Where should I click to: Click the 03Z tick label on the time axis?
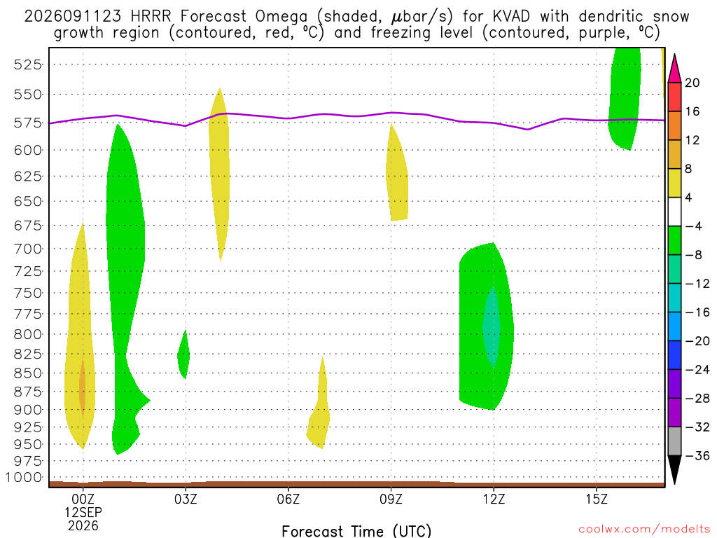(185, 499)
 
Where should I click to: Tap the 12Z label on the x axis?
(494, 499)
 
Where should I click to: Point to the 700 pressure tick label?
(28, 249)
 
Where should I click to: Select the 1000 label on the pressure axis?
(24, 478)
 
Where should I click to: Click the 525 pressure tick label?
(28, 64)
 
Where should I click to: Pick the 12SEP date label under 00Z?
(83, 512)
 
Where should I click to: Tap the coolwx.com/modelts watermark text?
(644, 530)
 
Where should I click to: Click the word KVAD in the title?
(511, 17)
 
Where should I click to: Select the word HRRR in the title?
(151, 17)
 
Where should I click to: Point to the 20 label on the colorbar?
(692, 83)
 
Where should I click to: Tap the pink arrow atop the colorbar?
(674, 68)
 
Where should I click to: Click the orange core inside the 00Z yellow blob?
(83, 389)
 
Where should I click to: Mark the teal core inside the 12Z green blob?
(492, 328)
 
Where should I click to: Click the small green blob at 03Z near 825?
(183, 354)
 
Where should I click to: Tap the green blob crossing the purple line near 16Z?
(624, 98)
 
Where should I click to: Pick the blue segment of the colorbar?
(674, 326)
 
